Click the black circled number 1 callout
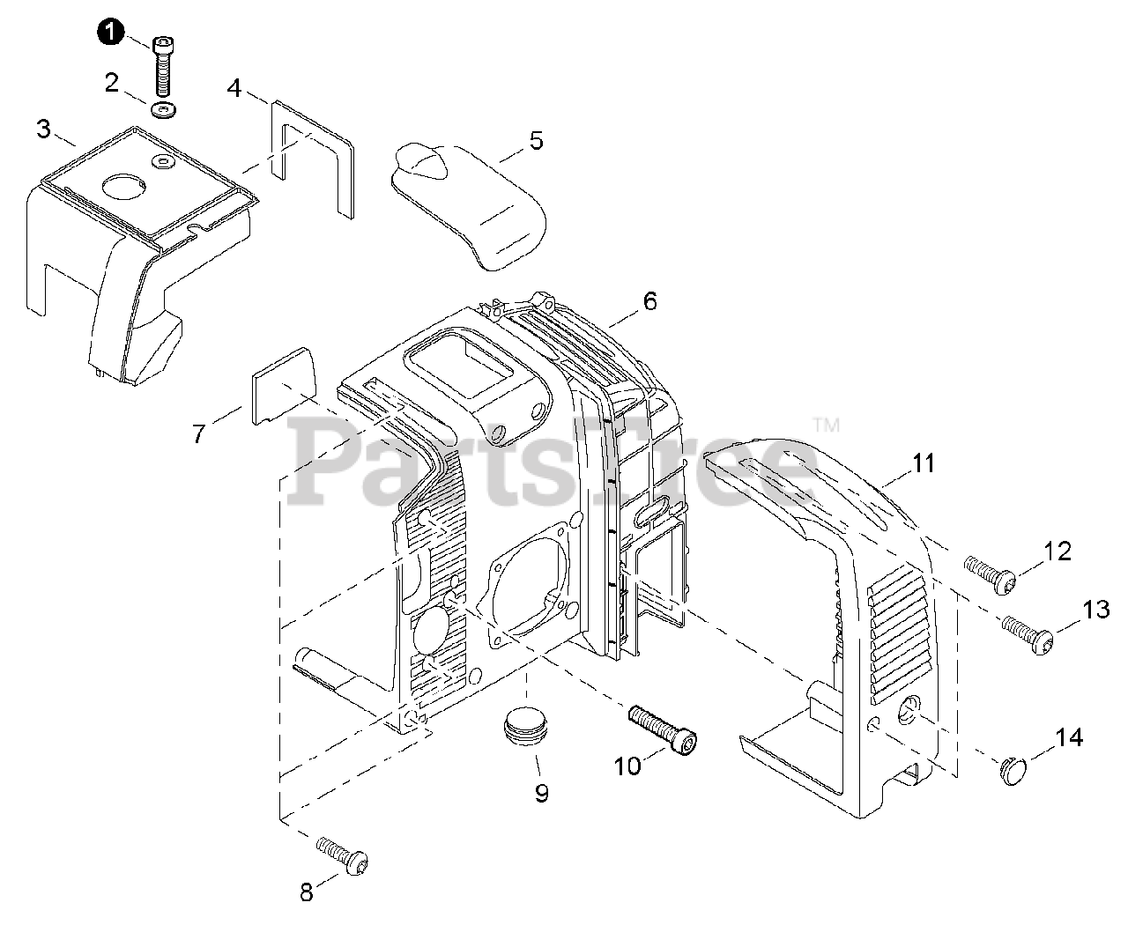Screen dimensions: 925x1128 (109, 32)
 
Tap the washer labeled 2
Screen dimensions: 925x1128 (162, 111)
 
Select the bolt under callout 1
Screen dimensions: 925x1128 (162, 67)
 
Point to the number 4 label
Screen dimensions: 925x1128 (234, 87)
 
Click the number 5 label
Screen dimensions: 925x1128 (536, 140)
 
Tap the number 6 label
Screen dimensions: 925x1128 (649, 301)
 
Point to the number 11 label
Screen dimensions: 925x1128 (923, 462)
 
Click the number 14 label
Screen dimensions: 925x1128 (1069, 737)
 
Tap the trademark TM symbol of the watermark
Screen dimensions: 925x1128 (827, 426)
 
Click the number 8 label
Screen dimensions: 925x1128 (306, 892)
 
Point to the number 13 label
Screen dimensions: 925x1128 (1095, 609)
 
